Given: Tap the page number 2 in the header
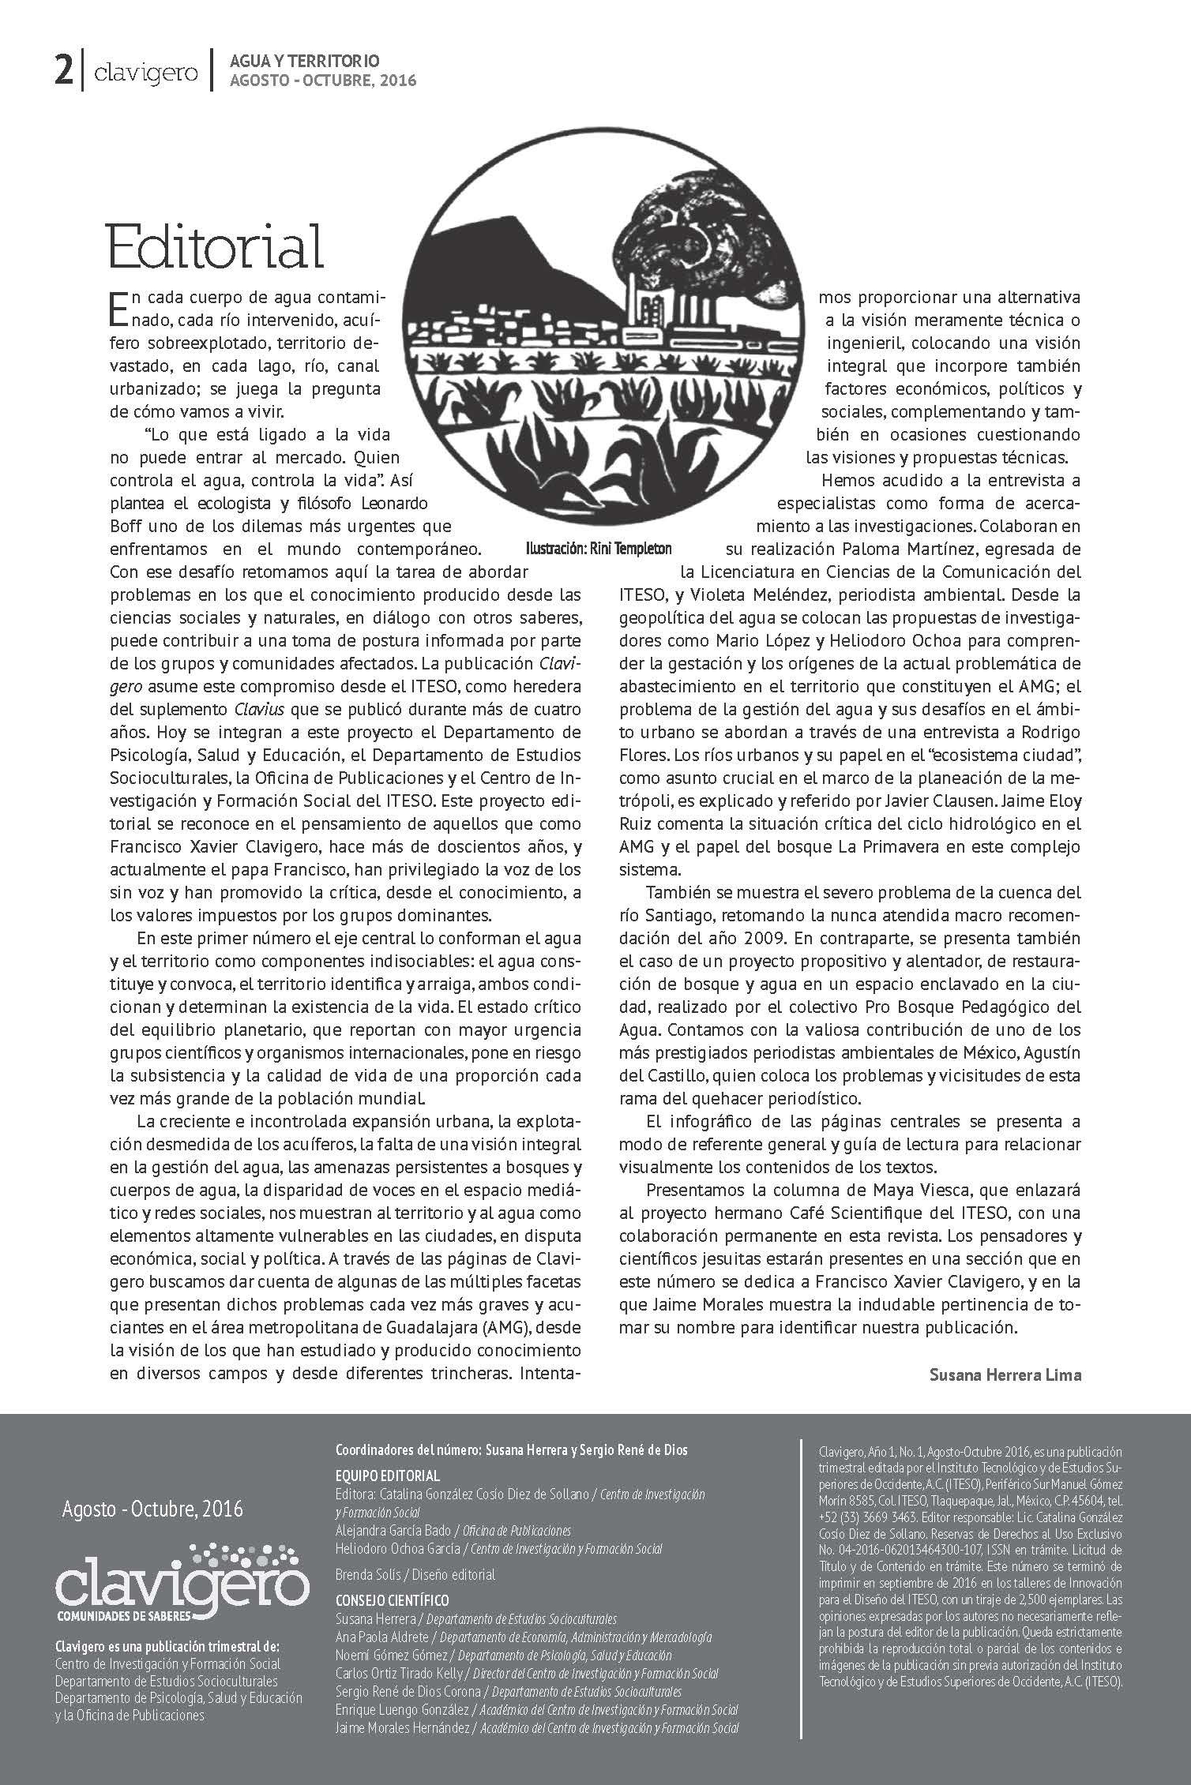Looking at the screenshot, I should point(62,73).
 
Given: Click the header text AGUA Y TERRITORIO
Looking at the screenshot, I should point(304,61).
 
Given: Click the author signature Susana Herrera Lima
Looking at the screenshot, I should point(1005,1374).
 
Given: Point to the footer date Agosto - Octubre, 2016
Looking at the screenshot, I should point(152,1509).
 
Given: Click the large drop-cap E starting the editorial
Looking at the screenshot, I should point(115,309).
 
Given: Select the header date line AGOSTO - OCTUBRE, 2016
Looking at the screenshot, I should point(322,81).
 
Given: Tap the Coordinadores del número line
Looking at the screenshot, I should point(511,1449).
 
